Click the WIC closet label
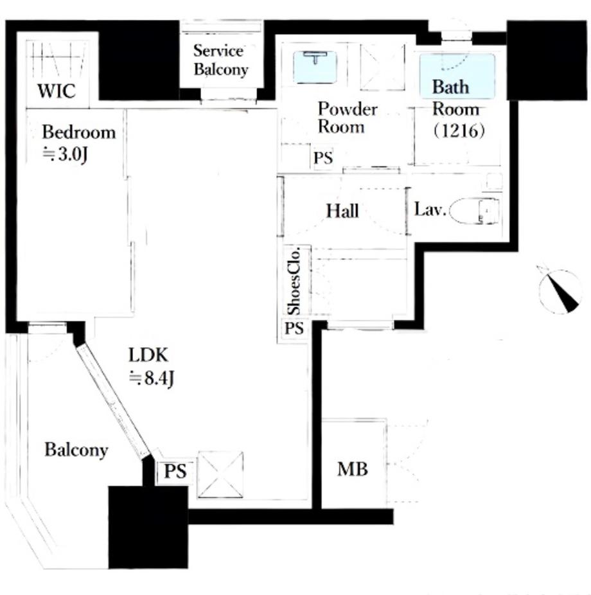tap(57, 91)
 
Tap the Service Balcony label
tap(220, 60)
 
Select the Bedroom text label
tap(79, 132)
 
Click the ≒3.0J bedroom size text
tap(66, 154)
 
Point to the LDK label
tap(148, 355)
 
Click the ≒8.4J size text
tap(152, 378)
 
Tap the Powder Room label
tap(348, 118)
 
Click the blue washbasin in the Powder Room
tap(315, 67)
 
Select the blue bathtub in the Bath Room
tap(457, 76)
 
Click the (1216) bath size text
tap(459, 131)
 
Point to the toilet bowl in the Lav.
tap(474, 210)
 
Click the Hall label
tap(342, 211)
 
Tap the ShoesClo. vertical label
tap(294, 281)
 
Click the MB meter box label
tap(353, 470)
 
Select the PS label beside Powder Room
tap(323, 157)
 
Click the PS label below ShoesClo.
tap(294, 328)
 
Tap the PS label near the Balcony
tap(175, 472)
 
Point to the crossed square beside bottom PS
tap(220, 474)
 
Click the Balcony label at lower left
tap(76, 450)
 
